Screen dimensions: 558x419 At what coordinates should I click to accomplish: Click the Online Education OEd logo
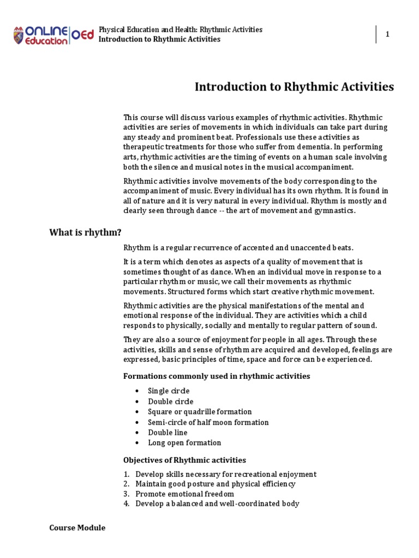(x=53, y=35)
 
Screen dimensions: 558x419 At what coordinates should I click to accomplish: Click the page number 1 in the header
(x=387, y=34)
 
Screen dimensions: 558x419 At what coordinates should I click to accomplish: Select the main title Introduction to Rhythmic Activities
(x=294, y=87)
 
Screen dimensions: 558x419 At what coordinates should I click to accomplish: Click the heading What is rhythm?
(x=85, y=233)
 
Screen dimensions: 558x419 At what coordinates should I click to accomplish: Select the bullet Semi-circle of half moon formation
(x=208, y=422)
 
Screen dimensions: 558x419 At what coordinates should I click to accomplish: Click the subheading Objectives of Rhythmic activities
(x=185, y=460)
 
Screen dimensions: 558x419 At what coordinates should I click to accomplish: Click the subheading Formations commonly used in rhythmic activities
(x=217, y=376)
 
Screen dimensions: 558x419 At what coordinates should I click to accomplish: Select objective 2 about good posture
(x=216, y=484)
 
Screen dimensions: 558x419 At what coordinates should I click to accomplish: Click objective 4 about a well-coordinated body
(x=217, y=504)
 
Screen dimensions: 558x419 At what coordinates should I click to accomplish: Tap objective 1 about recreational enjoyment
(x=226, y=474)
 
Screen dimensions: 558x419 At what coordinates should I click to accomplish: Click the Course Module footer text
(x=77, y=528)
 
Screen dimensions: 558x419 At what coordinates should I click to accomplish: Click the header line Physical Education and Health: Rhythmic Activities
(x=180, y=29)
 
